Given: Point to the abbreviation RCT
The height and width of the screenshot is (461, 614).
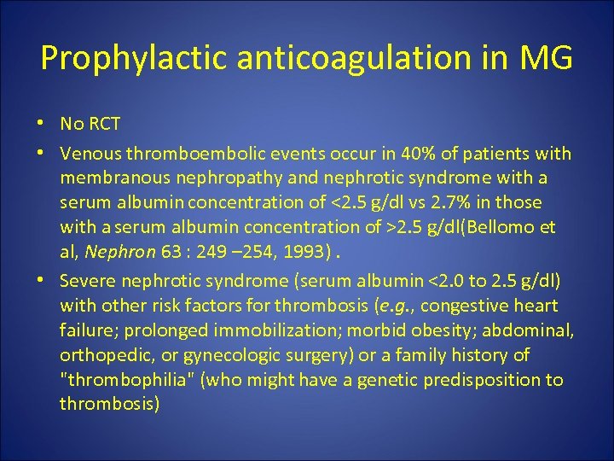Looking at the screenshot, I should tap(103, 124).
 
